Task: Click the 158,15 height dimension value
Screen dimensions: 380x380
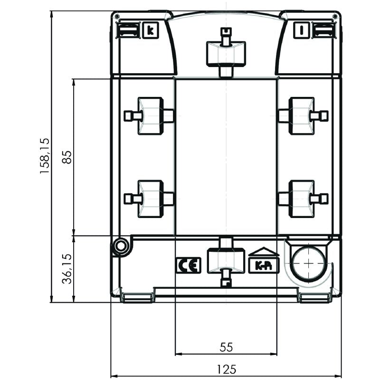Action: click(45, 156)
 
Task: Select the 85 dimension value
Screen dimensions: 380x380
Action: click(67, 157)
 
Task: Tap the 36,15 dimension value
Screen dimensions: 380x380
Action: click(67, 269)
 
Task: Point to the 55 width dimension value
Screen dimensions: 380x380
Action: click(226, 347)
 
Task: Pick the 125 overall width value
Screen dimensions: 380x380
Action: click(226, 370)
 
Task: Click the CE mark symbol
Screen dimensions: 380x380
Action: click(188, 265)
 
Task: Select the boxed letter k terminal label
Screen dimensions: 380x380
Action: click(151, 30)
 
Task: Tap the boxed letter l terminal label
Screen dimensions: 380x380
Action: click(302, 30)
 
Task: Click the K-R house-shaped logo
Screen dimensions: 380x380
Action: click(264, 260)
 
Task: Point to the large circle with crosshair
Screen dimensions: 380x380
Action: click(308, 264)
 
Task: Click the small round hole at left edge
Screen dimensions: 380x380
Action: click(121, 247)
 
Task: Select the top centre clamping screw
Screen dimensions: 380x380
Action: click(226, 53)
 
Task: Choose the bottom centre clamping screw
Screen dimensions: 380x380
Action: click(226, 262)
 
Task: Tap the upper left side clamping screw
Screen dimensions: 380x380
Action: click(149, 116)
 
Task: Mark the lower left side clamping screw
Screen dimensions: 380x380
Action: click(149, 199)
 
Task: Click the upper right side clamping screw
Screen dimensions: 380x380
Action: click(303, 116)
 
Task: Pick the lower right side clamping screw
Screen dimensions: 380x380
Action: click(303, 199)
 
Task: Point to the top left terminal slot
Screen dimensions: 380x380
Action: click(128, 30)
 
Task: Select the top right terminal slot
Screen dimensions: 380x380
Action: click(324, 30)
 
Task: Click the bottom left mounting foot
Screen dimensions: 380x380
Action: click(137, 298)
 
